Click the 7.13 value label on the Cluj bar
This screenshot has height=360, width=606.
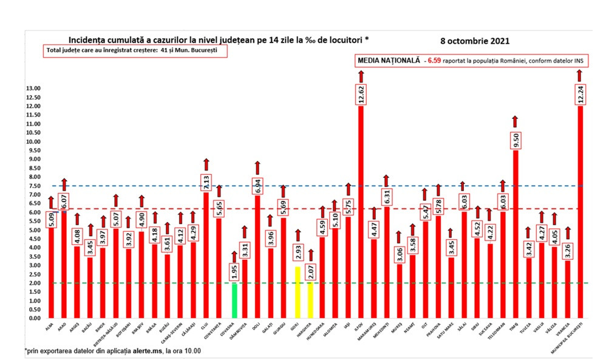pos(206,182)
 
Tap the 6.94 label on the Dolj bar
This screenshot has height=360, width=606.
pos(257,185)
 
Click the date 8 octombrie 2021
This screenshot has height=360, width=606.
pos(475,41)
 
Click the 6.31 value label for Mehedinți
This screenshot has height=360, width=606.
pos(387,196)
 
